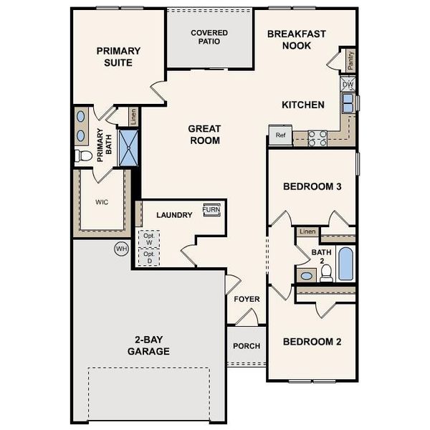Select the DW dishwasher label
point(348,85)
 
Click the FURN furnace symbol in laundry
point(211,209)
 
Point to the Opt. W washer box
point(149,239)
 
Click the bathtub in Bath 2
point(345,264)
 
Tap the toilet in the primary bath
point(83,155)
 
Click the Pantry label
point(350,60)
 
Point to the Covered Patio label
point(209,37)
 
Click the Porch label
point(247,346)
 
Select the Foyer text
point(247,299)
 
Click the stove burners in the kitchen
point(317,138)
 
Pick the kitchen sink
point(348,104)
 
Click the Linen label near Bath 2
point(307,231)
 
